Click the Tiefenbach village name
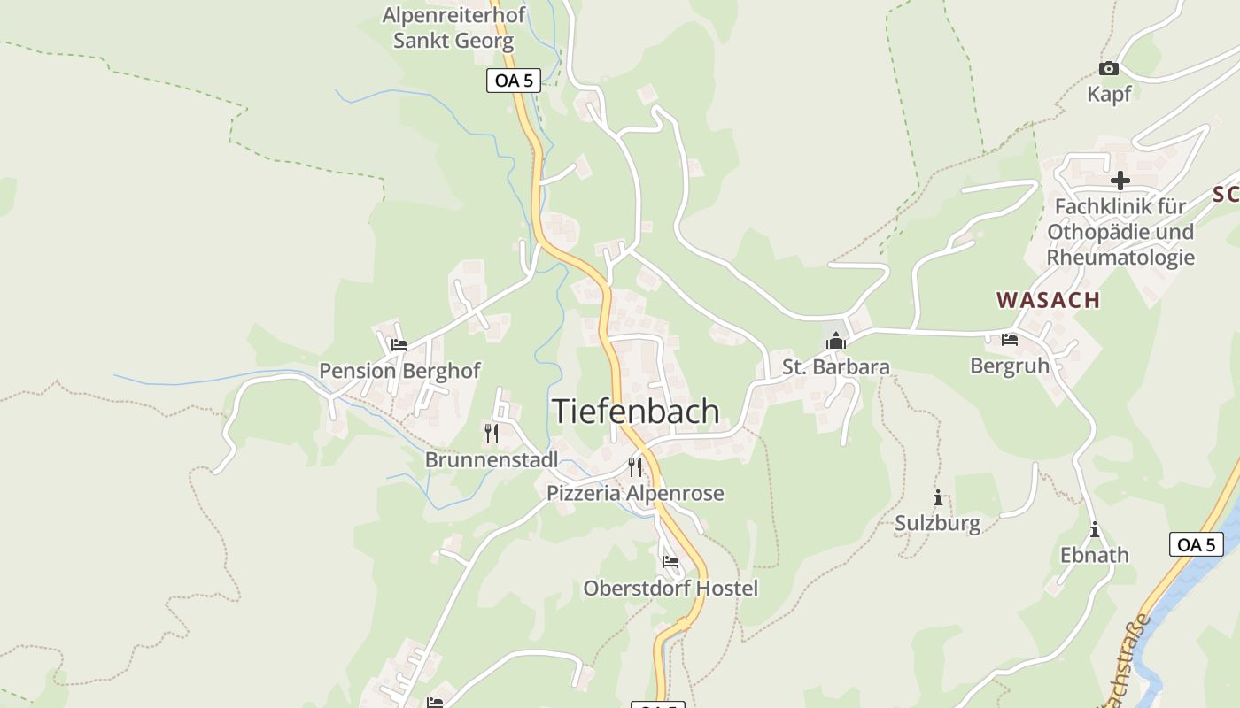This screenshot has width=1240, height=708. pos(635,412)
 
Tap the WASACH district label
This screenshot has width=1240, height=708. pos(1049,300)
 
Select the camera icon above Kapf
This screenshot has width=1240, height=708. pos(1108,68)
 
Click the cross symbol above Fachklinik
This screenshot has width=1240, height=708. pos(1120,181)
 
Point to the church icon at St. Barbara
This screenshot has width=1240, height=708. pos(835,341)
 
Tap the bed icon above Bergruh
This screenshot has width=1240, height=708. pos(1009,340)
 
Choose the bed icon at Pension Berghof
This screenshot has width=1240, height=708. pos(399,345)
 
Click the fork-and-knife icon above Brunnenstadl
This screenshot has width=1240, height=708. pos(492,433)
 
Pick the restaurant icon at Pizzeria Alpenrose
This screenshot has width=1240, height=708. pos(634,466)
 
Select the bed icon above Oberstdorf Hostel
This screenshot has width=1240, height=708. pos(670,561)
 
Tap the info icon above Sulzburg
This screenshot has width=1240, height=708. pos(937,497)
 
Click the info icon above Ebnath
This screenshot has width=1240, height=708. pos(1095,529)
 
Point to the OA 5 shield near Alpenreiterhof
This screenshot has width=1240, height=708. pos(514,81)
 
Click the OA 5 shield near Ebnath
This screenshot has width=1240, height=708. pos(1197,544)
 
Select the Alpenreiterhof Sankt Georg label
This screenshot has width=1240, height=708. pos(453,27)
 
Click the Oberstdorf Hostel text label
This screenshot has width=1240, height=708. pos(670,588)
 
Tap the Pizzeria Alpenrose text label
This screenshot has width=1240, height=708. pos(635,493)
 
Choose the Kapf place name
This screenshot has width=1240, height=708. pos(1109,94)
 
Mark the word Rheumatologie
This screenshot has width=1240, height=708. pos(1120,258)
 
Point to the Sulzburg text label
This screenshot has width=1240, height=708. pos(937,523)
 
